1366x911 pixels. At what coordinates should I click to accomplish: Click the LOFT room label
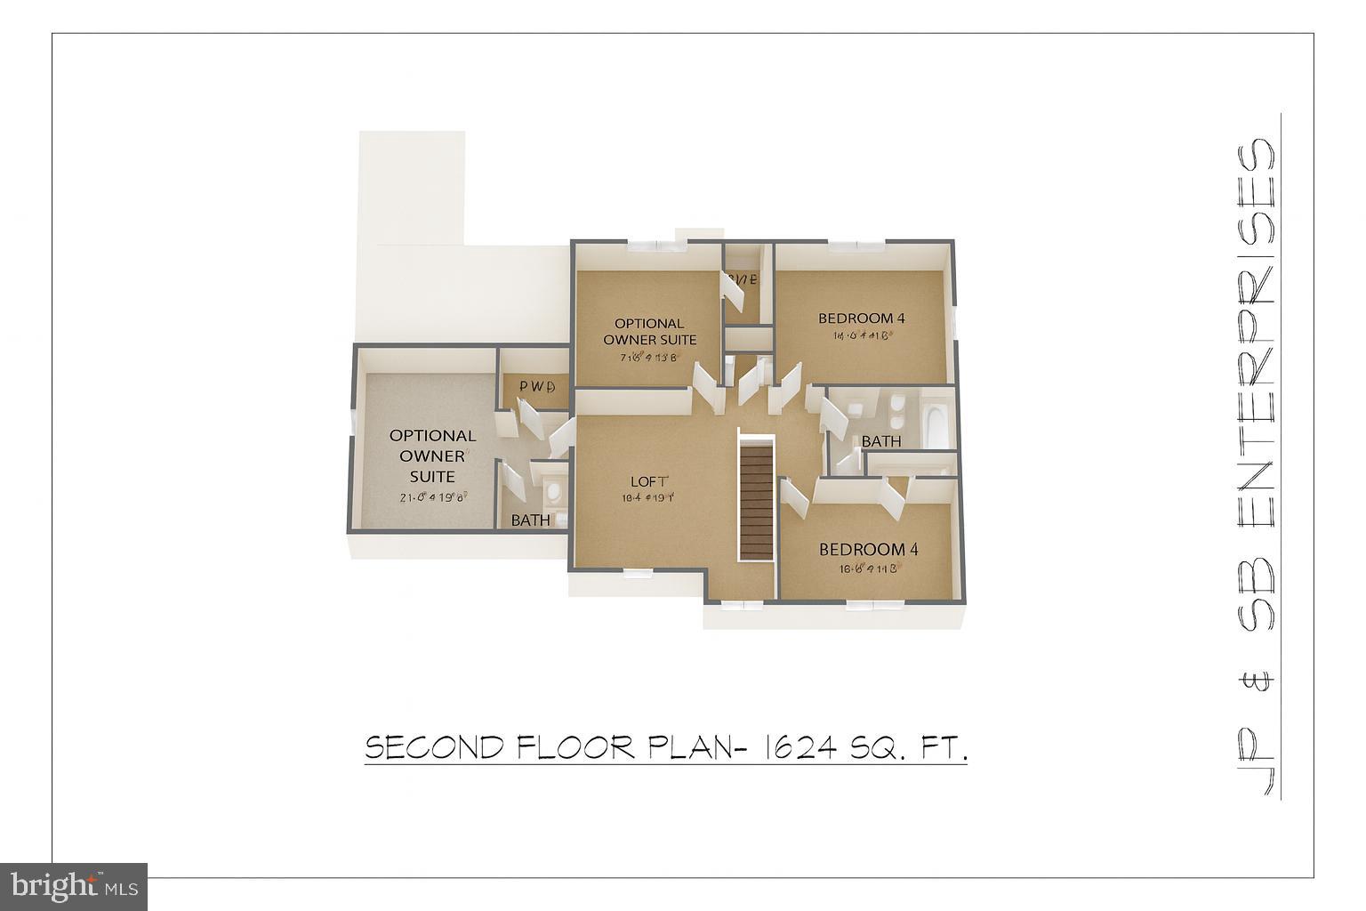click(647, 482)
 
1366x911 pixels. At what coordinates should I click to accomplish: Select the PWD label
click(536, 387)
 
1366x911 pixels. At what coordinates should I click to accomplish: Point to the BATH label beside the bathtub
click(880, 441)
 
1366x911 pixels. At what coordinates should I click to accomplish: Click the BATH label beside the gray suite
click(530, 520)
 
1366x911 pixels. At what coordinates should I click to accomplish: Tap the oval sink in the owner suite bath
click(554, 490)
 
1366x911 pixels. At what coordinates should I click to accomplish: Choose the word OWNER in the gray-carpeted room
click(432, 455)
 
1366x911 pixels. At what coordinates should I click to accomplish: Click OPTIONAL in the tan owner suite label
click(649, 324)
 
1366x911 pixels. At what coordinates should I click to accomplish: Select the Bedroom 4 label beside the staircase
click(868, 550)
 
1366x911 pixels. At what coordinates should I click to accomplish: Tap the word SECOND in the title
click(435, 748)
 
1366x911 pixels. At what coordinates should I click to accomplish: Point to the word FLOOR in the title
click(574, 748)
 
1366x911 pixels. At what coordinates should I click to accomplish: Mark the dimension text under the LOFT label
click(647, 498)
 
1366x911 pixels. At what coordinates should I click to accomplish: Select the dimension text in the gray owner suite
click(432, 497)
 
